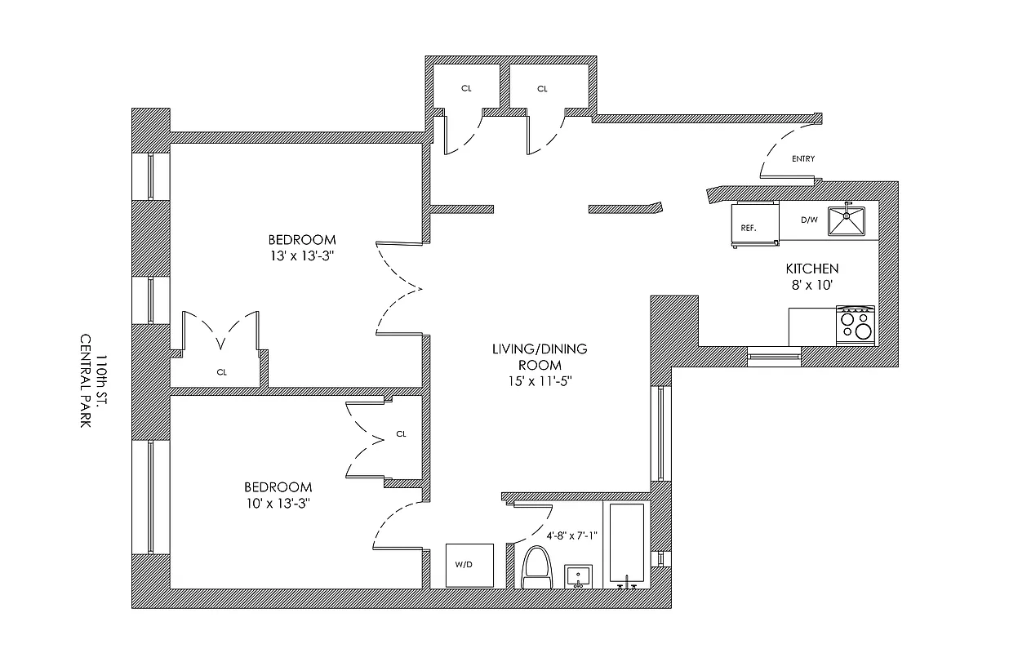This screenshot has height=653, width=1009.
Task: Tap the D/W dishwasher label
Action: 808,220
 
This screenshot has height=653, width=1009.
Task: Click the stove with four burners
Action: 855,325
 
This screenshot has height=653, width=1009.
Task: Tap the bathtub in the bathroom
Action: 625,543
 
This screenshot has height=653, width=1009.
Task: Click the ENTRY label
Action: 802,159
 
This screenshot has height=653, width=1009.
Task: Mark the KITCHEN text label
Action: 811,269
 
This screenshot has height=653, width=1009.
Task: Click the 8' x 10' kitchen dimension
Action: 811,285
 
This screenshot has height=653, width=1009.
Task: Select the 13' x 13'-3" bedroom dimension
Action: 302,255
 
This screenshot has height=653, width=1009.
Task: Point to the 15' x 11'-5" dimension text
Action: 539,381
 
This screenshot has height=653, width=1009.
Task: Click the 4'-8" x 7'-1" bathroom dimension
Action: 571,535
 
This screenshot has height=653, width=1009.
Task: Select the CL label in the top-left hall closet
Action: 465,89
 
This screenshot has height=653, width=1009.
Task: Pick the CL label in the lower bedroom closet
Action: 401,434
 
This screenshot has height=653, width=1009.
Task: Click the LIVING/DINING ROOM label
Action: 539,357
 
